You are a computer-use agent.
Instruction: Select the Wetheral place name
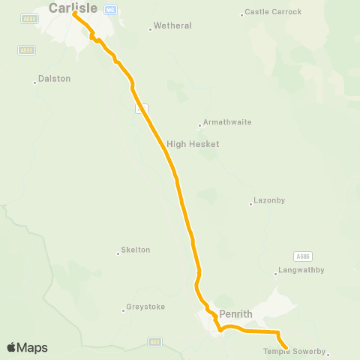172,25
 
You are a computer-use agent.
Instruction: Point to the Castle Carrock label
273,12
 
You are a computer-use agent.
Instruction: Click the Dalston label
54,78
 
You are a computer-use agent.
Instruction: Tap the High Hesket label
193,143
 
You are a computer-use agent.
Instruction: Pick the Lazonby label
269,201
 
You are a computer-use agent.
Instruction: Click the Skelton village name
136,250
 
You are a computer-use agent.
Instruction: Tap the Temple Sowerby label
296,351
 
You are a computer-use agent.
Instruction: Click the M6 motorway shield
110,9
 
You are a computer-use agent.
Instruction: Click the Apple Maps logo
27,347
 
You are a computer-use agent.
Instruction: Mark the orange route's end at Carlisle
75,13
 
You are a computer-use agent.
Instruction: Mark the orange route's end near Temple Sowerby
286,347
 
